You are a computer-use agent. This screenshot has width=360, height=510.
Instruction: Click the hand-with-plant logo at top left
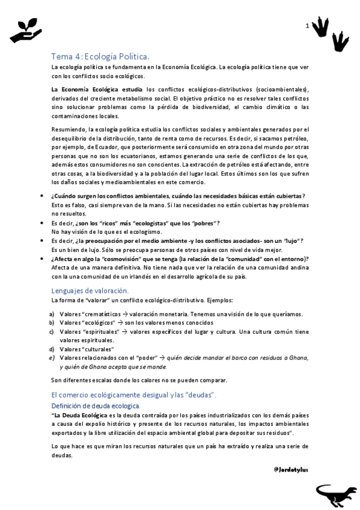click(x=25, y=30)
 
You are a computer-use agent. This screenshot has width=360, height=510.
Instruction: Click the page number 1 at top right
click(x=307, y=26)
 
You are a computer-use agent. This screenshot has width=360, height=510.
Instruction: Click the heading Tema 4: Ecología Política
click(x=104, y=56)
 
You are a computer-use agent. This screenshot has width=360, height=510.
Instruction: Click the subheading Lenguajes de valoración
click(x=90, y=290)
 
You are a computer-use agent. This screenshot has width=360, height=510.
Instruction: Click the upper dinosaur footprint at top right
click(x=323, y=25)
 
